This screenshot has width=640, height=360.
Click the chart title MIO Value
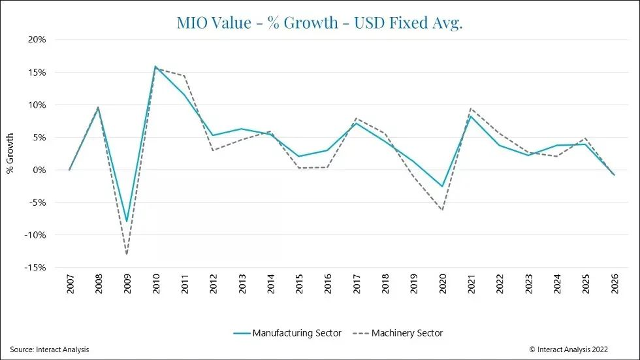tap(319, 22)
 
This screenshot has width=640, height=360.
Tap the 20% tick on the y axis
tap(37, 39)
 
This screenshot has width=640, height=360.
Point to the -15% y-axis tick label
tap(35, 268)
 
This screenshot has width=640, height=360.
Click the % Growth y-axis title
tap(10, 153)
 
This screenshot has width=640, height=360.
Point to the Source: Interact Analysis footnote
tap(50, 350)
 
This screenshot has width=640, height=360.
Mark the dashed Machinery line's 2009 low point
tap(127, 254)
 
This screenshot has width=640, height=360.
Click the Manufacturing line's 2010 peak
tap(155, 66)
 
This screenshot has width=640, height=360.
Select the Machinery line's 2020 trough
tap(442, 210)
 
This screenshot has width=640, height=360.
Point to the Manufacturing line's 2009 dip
tap(127, 221)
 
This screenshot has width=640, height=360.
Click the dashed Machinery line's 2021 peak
tap(471, 108)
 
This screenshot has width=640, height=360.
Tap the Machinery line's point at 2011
tap(184, 76)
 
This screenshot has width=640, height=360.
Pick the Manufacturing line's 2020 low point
tap(442, 187)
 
